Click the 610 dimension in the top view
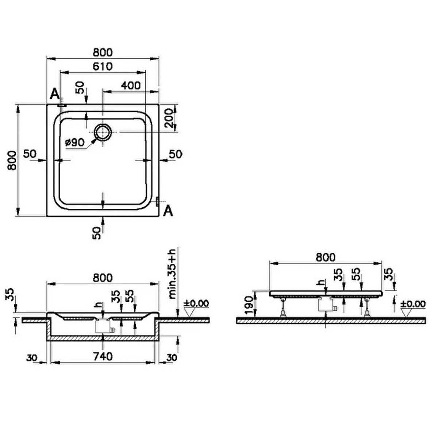[x=103, y=66]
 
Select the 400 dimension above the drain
[x=131, y=85]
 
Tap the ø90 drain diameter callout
[x=74, y=142]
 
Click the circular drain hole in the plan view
[x=103, y=132]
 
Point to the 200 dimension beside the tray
[x=169, y=118]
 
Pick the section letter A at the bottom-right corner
[x=168, y=211]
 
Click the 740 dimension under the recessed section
[x=103, y=356]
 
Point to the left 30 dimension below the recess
[x=32, y=358]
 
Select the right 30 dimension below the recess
[x=172, y=358]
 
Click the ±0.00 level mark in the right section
[x=412, y=304]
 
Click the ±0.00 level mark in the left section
[x=196, y=303]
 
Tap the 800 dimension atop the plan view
[x=103, y=53]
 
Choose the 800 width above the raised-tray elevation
[x=326, y=257]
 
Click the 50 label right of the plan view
[x=176, y=154]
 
